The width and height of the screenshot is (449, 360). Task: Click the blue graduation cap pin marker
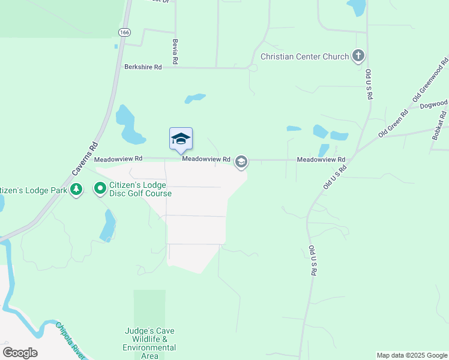(x=181, y=139)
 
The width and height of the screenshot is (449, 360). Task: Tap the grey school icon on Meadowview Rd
(x=241, y=161)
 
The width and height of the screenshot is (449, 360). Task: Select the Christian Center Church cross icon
(x=358, y=57)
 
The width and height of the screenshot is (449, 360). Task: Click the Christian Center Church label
(x=304, y=57)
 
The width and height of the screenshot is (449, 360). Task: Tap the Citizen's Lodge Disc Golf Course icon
(x=100, y=189)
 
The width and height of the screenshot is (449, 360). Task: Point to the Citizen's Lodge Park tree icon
(x=76, y=190)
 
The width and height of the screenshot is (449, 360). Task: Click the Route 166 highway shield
(x=124, y=32)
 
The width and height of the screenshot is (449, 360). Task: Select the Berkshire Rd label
(x=143, y=68)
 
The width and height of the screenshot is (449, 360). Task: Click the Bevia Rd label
(x=175, y=52)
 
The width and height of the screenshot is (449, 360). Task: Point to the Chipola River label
(x=71, y=339)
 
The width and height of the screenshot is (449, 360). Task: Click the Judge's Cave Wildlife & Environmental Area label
(x=149, y=343)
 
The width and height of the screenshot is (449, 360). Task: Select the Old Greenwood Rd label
(x=430, y=80)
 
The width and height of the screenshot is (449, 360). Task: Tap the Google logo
(x=20, y=353)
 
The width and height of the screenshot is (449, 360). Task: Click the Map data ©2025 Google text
(x=412, y=355)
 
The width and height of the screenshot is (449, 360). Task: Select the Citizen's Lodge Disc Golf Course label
(x=140, y=189)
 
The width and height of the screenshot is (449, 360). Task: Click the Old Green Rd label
(x=393, y=123)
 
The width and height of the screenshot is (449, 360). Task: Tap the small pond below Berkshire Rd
(x=195, y=98)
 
